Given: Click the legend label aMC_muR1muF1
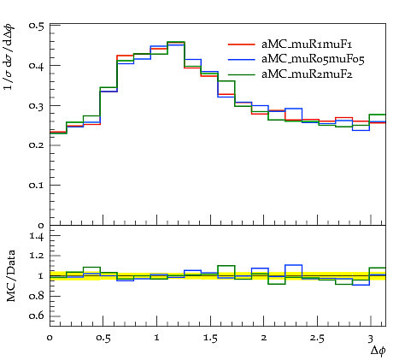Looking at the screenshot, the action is [307, 44].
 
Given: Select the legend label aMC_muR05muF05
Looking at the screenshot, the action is [313, 59].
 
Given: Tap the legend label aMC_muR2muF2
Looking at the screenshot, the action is [307, 74].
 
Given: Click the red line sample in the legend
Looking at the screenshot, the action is [242, 44].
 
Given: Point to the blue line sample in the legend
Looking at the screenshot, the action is [242, 59].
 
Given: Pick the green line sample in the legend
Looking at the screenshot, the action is [242, 74].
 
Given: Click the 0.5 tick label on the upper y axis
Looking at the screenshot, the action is [36, 26].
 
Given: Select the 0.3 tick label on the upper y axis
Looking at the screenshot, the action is [36, 106].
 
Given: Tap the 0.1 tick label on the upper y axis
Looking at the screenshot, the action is [36, 186].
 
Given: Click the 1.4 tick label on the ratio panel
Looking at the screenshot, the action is [37, 236].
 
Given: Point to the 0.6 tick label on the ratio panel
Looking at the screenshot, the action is [36, 316].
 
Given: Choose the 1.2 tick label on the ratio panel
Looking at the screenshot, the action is [37, 256].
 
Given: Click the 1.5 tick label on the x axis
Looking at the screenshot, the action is [210, 339].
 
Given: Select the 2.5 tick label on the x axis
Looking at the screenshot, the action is [317, 339].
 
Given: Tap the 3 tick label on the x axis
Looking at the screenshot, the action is [370, 339].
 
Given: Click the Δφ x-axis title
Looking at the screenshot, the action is [378, 351].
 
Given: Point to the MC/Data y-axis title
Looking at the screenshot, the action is [11, 276].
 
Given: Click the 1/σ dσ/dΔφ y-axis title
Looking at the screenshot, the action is [9, 57].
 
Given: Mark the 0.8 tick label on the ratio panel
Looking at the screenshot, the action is [36, 296].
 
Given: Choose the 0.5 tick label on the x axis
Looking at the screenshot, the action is [103, 339].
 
